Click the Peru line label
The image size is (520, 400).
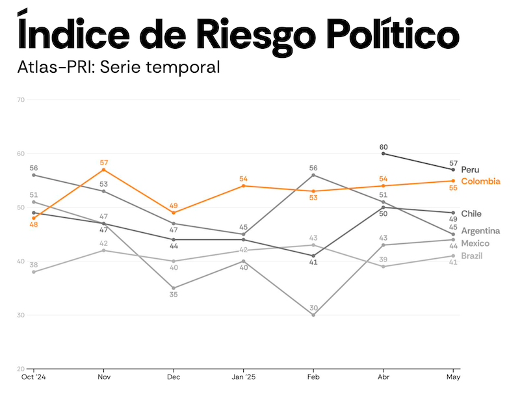point(470,170)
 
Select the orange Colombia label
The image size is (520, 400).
point(480,181)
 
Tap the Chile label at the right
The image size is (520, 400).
point(471,213)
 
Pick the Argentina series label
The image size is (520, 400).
point(480,231)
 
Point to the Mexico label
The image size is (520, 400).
point(475,243)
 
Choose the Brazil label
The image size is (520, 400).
point(472,256)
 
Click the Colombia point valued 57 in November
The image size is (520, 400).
point(103,170)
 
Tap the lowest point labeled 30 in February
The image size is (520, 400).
point(313,315)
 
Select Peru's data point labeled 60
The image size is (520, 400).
point(383,153)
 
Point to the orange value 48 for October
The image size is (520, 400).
point(33,225)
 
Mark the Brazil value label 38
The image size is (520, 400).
point(33,265)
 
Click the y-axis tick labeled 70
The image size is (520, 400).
point(21,100)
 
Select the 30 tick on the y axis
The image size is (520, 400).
point(21,315)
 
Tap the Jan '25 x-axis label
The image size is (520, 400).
point(243,377)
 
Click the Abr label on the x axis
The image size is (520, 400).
point(383,377)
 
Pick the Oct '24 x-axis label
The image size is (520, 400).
point(33,377)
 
